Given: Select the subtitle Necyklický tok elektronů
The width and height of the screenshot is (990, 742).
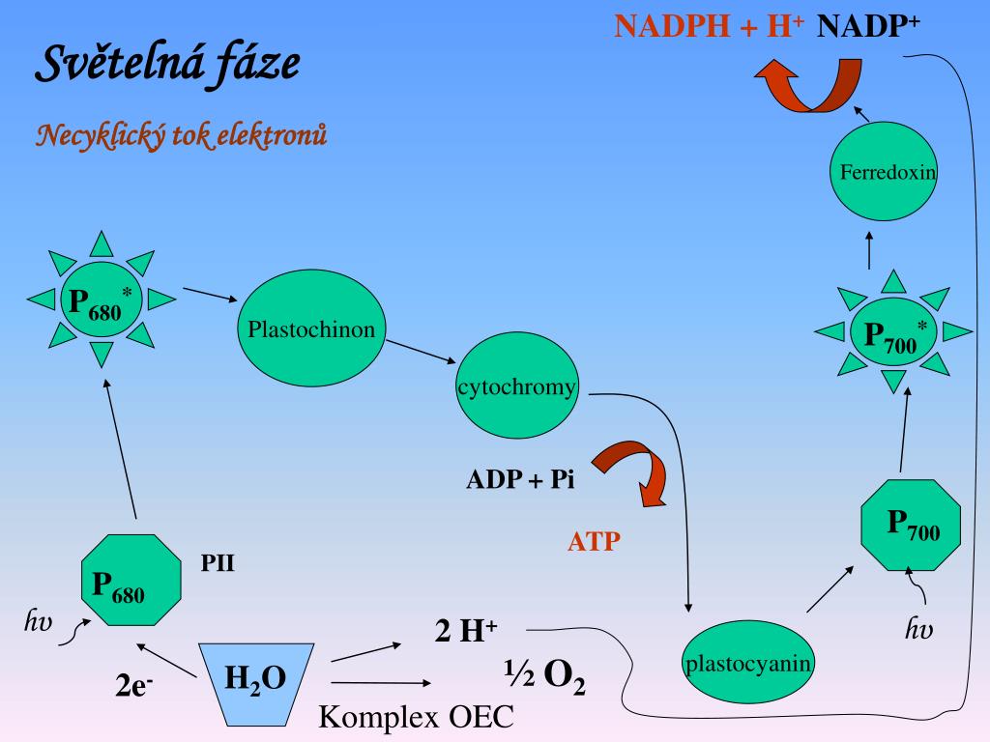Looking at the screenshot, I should point(182,135).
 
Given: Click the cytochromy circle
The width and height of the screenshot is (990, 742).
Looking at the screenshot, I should point(517,388).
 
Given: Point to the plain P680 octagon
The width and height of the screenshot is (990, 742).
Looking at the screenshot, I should point(131,583).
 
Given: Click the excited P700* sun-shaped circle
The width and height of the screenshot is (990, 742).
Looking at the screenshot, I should point(893,333).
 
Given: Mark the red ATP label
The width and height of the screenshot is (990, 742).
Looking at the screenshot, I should point(593,542).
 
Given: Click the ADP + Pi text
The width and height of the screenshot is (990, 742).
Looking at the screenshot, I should point(520,480).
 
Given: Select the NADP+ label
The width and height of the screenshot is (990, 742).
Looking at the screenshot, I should point(868,26).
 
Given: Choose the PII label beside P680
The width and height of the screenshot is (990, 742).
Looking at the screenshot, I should point(218,562).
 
